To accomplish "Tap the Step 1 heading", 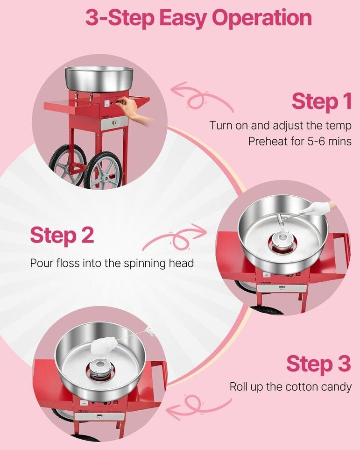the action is [x=322, y=101].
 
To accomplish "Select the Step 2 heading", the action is [x=62, y=235].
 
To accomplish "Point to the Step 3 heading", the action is [x=318, y=364].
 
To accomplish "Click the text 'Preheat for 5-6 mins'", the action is [x=300, y=141].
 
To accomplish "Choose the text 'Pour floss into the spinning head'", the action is [x=112, y=263].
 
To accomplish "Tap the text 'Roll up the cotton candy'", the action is [x=290, y=386].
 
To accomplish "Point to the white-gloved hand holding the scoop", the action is [x=320, y=207].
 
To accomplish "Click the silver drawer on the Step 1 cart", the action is [x=115, y=123].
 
